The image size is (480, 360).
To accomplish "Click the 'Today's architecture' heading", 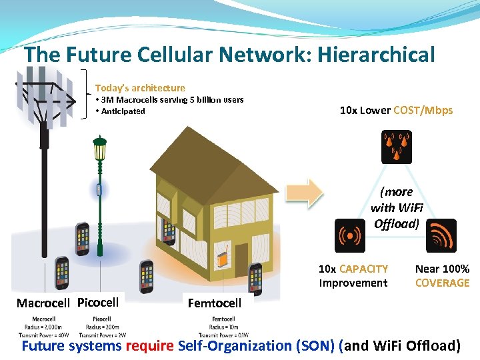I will (140, 88).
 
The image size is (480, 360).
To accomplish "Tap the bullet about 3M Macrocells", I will (169, 100).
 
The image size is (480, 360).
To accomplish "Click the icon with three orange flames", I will (396, 147).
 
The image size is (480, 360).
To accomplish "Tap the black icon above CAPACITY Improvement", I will (349, 235).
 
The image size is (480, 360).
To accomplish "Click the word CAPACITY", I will (363, 269).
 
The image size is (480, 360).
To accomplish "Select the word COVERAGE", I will (442, 283).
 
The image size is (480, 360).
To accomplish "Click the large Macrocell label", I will (43, 303).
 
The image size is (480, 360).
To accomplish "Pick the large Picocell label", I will (98, 302).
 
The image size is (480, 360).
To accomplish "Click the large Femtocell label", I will (215, 303).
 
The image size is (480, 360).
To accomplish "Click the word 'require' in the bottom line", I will (150, 345).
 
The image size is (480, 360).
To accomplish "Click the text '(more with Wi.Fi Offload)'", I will (396, 207).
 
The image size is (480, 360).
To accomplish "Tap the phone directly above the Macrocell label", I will (61, 271).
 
